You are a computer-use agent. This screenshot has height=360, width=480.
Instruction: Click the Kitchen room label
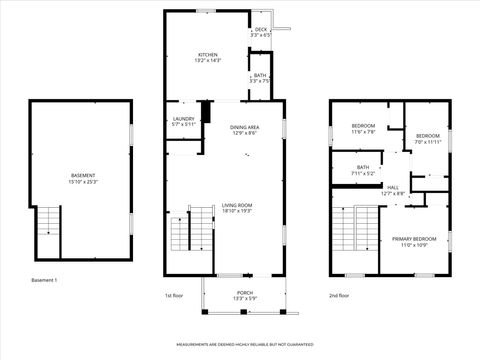208,58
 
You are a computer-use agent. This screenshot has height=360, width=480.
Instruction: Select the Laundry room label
183,121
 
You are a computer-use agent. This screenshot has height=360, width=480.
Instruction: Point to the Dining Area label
245,130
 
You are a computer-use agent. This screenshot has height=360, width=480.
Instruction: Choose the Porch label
245,296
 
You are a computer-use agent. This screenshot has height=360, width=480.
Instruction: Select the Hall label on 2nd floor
393,190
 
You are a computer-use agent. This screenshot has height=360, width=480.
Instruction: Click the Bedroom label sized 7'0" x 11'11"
428,138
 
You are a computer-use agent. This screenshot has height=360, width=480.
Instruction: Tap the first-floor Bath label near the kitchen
260,78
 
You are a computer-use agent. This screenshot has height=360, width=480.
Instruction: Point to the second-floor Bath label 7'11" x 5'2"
362,170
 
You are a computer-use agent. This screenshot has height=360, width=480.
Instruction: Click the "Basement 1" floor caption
44,280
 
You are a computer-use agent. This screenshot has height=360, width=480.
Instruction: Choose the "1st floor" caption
174,295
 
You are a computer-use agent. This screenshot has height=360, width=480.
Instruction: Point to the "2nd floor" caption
339,295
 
